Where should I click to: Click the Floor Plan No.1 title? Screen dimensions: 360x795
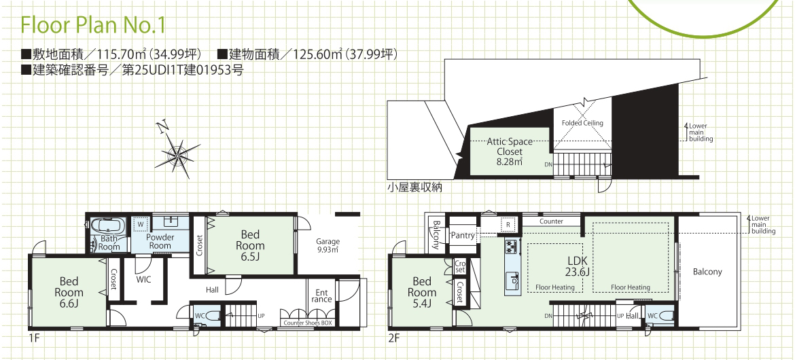(x=93, y=25)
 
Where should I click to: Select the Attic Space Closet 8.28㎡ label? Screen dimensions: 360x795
(x=509, y=151)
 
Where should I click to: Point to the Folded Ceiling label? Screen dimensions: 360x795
(x=583, y=123)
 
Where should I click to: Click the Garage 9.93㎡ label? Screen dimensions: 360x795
(x=328, y=245)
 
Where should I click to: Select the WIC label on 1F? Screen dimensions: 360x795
(x=143, y=278)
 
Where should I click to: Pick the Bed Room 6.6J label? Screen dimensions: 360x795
(x=69, y=291)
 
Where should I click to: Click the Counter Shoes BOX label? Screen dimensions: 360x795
(x=307, y=323)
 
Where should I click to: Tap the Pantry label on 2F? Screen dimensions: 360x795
(x=462, y=235)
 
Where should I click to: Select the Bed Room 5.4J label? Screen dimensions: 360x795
(x=422, y=291)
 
